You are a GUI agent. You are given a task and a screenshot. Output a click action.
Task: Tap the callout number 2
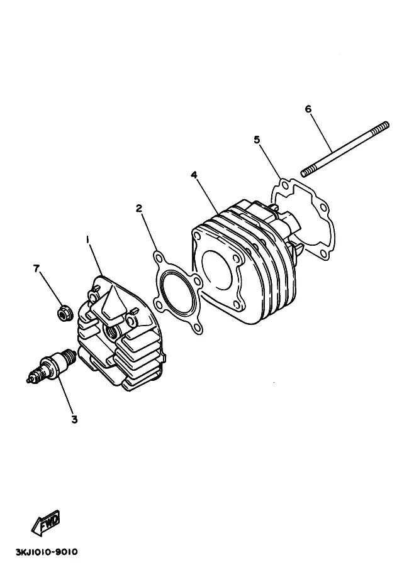pos(139,208)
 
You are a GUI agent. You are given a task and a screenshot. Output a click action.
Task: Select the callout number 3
pos(74,420)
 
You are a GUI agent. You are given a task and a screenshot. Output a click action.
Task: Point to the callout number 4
pos(194,175)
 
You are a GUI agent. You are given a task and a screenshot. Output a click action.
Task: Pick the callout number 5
pos(257,140)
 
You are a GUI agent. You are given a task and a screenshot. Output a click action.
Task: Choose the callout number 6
pos(308,109)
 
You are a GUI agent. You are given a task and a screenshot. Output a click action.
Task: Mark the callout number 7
pos(36,268)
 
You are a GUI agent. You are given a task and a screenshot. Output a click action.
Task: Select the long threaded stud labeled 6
pos(345,149)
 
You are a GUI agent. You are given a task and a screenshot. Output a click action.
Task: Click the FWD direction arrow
pos(46,523)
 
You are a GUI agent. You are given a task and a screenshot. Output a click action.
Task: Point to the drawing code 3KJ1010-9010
pos(47,552)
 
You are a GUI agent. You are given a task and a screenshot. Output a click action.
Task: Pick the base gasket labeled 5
pos(304,219)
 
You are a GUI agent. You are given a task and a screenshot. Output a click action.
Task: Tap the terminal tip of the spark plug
pos(28,380)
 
